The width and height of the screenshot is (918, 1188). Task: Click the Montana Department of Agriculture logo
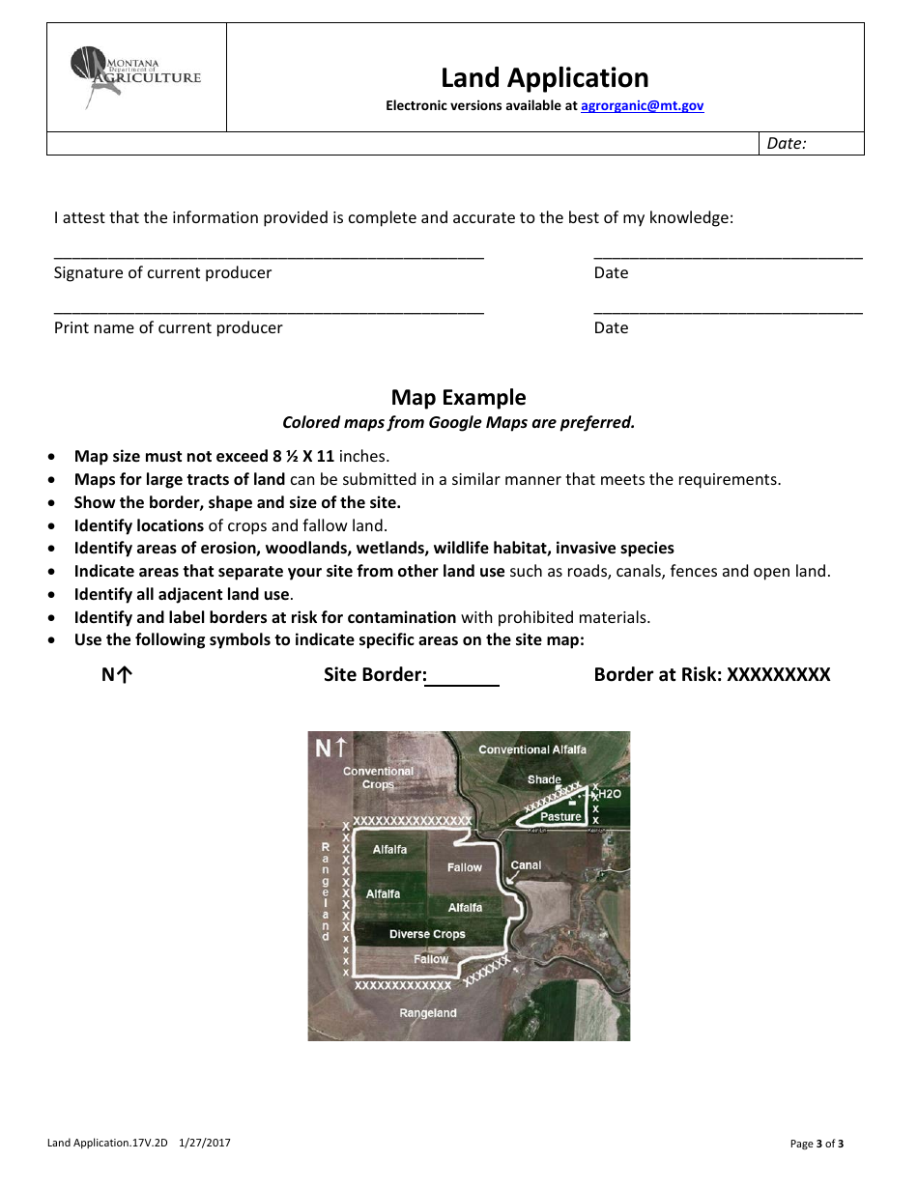click(x=135, y=77)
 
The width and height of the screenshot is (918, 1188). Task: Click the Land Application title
click(x=544, y=77)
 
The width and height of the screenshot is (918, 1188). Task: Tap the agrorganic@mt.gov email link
click(x=642, y=106)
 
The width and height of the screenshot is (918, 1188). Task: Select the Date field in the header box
click(x=810, y=144)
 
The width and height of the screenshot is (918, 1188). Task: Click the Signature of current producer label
click(x=162, y=273)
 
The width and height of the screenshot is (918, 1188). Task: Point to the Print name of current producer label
click(x=168, y=328)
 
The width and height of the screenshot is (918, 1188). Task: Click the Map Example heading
click(x=458, y=398)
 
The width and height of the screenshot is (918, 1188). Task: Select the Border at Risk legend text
click(x=711, y=675)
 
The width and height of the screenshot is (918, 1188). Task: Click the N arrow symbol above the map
click(x=116, y=675)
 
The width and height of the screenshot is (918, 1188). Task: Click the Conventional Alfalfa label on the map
click(x=531, y=750)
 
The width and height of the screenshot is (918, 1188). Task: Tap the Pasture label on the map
click(x=560, y=817)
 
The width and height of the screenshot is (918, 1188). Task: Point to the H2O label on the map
click(x=610, y=794)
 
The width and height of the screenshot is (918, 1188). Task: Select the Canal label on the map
click(x=526, y=865)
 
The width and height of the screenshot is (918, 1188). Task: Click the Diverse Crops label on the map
click(x=427, y=934)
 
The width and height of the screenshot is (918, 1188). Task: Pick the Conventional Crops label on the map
click(x=378, y=778)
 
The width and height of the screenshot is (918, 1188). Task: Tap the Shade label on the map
click(x=544, y=779)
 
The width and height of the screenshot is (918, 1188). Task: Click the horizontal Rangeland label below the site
click(x=427, y=1013)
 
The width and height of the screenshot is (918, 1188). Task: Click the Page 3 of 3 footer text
click(x=817, y=1145)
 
